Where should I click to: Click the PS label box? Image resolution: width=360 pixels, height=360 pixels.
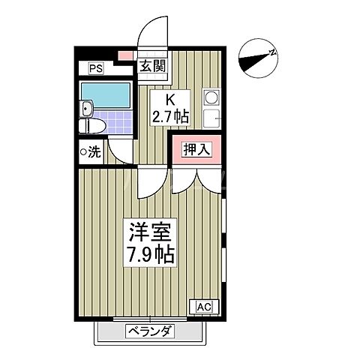[x=95, y=69]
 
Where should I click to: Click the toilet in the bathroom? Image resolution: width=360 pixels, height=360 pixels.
[x=89, y=125]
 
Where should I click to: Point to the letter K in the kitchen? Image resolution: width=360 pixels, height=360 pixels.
[x=170, y=100]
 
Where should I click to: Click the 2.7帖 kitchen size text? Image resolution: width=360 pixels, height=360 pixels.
[x=170, y=117]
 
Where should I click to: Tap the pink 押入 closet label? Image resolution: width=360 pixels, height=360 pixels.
[x=197, y=149]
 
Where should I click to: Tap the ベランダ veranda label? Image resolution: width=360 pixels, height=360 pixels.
[x=149, y=331]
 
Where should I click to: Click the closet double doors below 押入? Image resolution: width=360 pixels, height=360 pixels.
[x=196, y=178]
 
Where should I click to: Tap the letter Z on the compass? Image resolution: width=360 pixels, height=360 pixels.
[x=272, y=52]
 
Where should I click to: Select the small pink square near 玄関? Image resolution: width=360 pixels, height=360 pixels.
[x=124, y=55]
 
